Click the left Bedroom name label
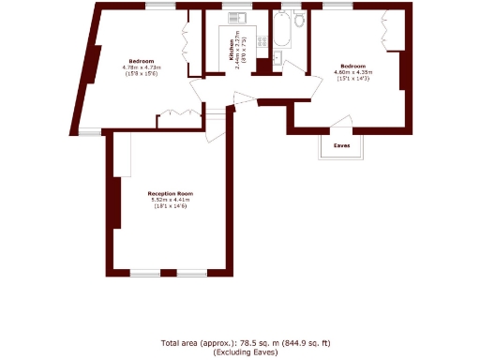point(142,61)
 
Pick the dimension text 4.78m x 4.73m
point(142,67)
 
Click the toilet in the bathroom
point(298,19)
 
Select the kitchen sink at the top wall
point(235,16)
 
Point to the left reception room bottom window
point(144,273)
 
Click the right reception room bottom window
point(193,273)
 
